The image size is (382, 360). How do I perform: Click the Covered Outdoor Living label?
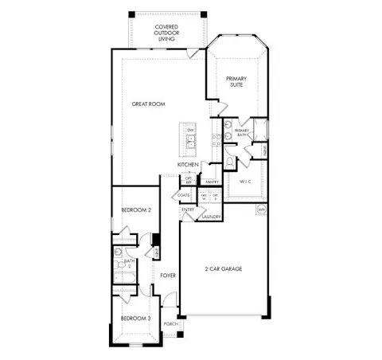pos(166,32)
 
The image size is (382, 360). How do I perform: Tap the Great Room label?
pos(149,104)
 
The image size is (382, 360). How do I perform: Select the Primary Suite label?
pos(236,82)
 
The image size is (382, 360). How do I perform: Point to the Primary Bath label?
pos(242,132)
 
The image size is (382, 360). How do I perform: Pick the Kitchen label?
pos(188,165)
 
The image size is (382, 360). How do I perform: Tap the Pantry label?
pos(212,182)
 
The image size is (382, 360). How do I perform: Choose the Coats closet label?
pos(184,195)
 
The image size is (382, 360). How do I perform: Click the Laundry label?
pos(211,217)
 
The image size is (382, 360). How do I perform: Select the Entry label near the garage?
pos(188,210)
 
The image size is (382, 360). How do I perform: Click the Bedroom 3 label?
pos(135,318)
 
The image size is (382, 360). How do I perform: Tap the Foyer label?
pos(168,276)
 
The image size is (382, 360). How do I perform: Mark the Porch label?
pos(170,324)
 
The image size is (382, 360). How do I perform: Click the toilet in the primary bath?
pos(229,161)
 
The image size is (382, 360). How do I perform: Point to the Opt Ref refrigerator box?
pos(189,179)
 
